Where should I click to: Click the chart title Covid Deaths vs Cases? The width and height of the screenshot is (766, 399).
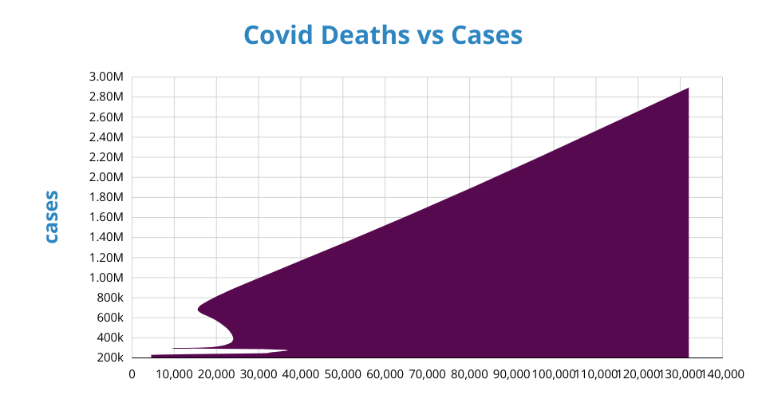tap(383, 35)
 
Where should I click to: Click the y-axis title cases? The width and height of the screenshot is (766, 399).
tap(51, 216)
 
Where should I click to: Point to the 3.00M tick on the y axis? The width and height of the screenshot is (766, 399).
tap(107, 77)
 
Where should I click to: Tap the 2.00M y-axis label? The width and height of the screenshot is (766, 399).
tap(107, 177)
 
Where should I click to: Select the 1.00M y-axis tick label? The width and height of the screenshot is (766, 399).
tap(107, 278)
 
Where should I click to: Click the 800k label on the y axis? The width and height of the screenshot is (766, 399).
tap(110, 298)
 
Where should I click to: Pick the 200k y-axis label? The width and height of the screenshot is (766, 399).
tap(110, 358)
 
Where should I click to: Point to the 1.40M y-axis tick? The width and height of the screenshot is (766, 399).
tap(107, 237)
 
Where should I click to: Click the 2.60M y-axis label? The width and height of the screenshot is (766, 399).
tap(107, 117)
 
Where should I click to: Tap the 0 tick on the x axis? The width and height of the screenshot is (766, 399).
tap(132, 373)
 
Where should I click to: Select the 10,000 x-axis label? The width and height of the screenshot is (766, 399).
tap(175, 373)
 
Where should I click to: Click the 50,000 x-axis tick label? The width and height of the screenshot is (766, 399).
tap(343, 373)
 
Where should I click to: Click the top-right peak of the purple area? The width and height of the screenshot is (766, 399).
tap(687, 89)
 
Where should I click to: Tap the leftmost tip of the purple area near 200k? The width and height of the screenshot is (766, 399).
tap(152, 356)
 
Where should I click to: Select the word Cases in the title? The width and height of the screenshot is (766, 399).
tap(487, 35)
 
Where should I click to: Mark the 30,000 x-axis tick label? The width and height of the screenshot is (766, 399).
tap(259, 373)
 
